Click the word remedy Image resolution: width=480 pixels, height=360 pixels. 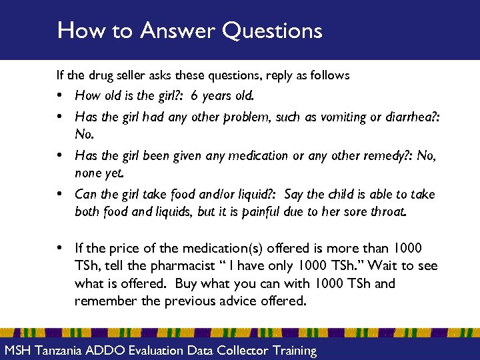click(x=381, y=156)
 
